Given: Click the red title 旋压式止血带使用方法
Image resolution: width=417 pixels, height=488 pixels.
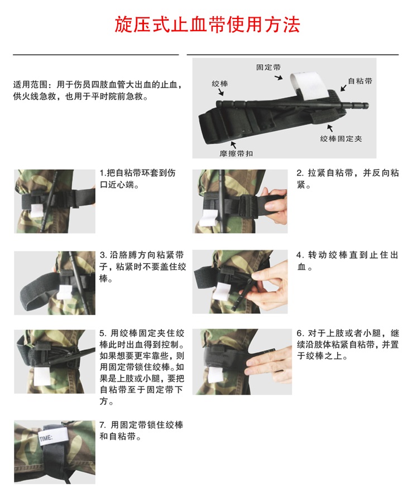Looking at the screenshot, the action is tap(208, 25).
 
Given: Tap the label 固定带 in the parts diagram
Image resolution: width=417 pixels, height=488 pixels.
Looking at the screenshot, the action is tap(269, 67).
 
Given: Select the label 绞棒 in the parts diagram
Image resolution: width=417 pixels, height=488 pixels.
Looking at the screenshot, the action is tap(220, 84).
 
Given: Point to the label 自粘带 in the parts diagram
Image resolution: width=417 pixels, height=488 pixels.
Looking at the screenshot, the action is tap(360, 81).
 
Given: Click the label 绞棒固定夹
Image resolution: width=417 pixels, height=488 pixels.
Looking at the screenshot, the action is tap(341, 138).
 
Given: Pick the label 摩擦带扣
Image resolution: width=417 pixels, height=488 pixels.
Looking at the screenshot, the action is tap(236, 153).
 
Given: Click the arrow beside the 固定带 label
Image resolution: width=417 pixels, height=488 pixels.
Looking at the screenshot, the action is tap(279, 77).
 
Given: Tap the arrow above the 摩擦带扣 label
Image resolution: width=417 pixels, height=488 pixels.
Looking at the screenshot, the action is tap(233, 144).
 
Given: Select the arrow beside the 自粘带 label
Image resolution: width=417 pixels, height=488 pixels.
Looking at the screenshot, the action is tap(343, 88).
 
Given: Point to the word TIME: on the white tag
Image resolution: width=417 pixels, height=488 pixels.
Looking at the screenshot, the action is tap(46, 438).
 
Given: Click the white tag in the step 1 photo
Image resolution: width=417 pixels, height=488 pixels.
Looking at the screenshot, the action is tap(37, 211).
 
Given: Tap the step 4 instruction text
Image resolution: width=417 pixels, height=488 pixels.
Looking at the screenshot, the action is tap(347, 261).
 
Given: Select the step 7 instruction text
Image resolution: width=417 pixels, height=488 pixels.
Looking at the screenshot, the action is tap(141, 431).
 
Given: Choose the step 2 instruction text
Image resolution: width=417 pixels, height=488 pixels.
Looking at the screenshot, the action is tap(347, 178).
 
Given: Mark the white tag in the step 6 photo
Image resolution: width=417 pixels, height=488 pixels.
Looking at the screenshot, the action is tap(214, 374).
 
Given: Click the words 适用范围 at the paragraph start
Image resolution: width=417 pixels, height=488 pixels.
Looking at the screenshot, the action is tap(30, 84).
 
